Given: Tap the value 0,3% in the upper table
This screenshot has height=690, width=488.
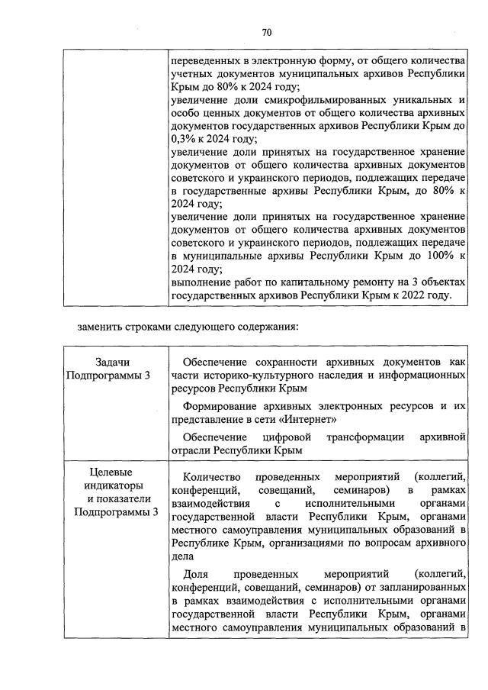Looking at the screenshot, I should point(186,140).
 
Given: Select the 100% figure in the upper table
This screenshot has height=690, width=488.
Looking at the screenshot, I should point(438,256).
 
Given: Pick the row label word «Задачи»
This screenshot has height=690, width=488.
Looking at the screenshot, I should point(113,361).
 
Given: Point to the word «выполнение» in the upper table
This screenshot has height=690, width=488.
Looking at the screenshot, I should point(201,282).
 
